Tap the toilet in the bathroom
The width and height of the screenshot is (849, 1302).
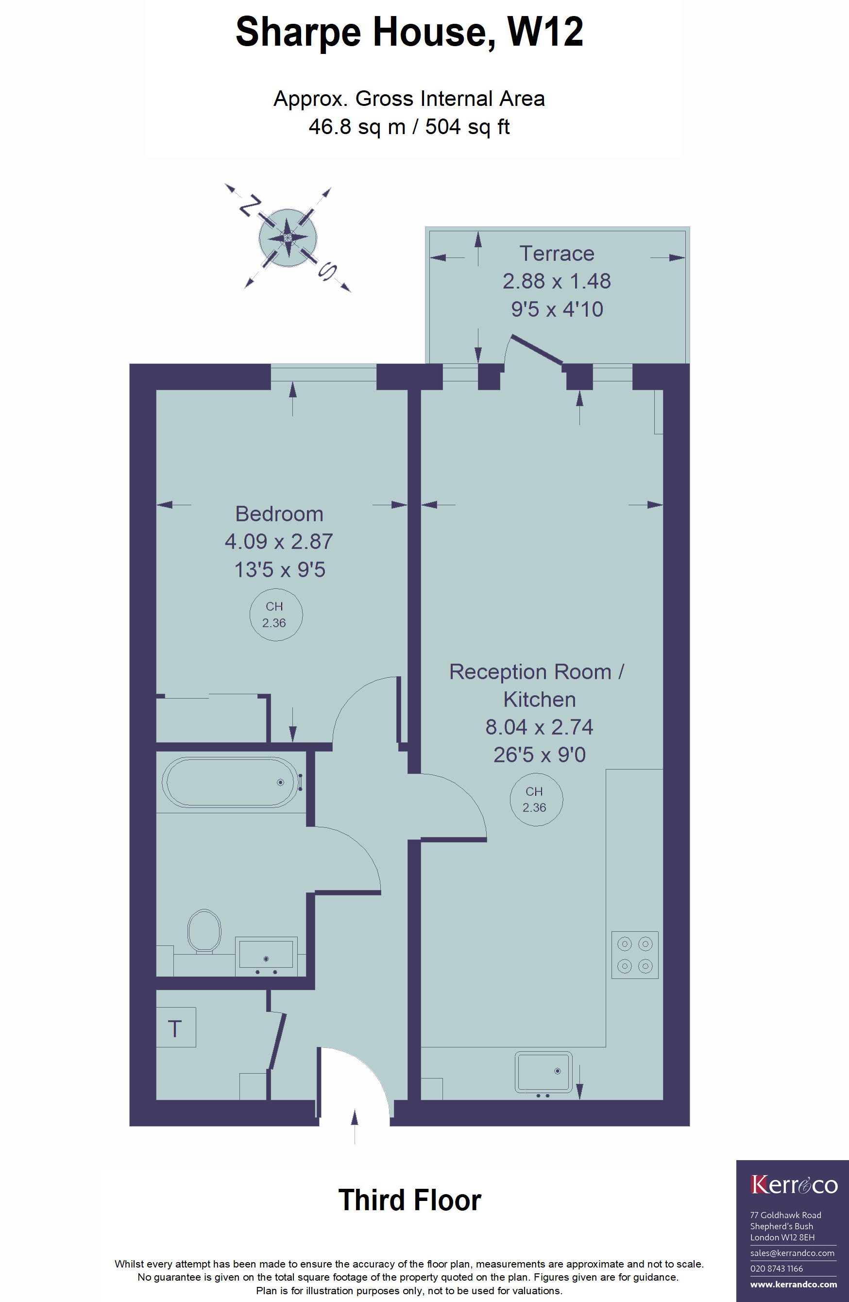tap(204, 931)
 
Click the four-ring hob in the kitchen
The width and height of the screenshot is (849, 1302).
tap(634, 955)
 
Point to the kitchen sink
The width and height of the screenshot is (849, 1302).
tap(543, 1072)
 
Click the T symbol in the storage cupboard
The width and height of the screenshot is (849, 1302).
tap(174, 1028)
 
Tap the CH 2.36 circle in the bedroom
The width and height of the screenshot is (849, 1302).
tap(276, 615)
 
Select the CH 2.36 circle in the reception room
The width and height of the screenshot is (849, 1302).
tap(536, 799)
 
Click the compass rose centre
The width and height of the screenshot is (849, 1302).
tap(288, 238)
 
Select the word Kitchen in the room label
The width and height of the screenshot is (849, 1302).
tap(540, 699)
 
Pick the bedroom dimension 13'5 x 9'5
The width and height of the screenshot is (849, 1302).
tap(280, 569)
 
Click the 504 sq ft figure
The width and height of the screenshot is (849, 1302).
tap(467, 127)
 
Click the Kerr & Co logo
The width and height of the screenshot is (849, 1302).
tap(794, 1185)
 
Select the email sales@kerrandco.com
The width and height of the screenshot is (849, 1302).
tap(792, 1253)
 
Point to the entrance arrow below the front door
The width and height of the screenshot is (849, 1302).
tap(355, 1127)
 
